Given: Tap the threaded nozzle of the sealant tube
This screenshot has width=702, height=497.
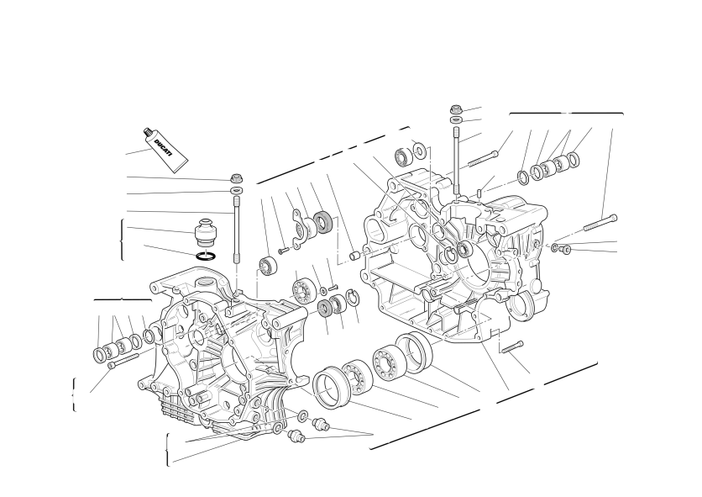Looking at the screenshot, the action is pyautogui.click(x=146, y=132).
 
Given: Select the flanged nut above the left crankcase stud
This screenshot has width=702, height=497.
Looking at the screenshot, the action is pyautogui.click(x=237, y=177).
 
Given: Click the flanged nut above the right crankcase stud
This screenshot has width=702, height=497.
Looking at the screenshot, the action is pyautogui.click(x=456, y=109).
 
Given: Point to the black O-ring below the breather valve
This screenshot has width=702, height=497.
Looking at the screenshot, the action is pyautogui.click(x=207, y=256).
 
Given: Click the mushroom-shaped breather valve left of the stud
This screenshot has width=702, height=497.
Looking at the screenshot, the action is pyautogui.click(x=206, y=232).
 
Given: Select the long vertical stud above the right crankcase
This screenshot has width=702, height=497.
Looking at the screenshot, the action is pyautogui.click(x=456, y=161).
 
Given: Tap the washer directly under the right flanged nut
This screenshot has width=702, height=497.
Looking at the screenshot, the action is pyautogui.click(x=456, y=119).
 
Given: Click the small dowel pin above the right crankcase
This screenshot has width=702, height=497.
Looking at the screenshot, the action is pyautogui.click(x=479, y=193).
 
